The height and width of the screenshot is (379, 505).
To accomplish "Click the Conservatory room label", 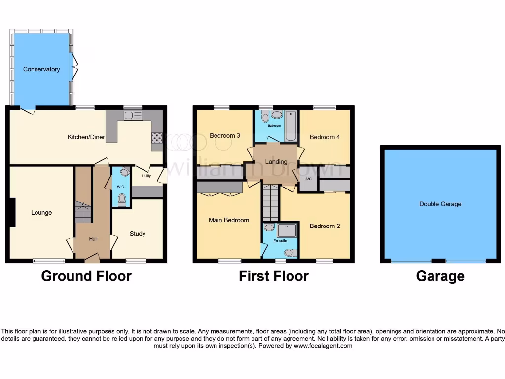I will (41, 69).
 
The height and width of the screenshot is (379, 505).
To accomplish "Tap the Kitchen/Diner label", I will (86, 137).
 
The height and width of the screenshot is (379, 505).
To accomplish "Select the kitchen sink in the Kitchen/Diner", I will (133, 116).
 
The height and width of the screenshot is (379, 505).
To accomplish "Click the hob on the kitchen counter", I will (157, 137).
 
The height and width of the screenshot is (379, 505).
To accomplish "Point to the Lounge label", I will (41, 213).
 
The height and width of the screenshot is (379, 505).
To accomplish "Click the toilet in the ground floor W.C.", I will (122, 198).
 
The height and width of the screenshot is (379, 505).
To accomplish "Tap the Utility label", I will (146, 176).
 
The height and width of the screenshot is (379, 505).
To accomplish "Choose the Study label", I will (138, 234).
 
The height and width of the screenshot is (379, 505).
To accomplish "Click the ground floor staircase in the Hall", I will (83, 212).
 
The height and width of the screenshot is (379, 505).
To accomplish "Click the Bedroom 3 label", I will (225, 136).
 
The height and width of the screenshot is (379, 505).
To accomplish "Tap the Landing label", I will (276, 162).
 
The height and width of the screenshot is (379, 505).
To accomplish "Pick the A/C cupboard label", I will (308, 179).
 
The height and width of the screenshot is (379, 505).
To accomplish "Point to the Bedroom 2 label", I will (325, 226).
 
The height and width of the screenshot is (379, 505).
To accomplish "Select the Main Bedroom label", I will (229, 220).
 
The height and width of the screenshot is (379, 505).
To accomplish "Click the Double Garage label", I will (440, 204).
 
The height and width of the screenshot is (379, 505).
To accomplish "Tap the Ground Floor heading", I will (86, 276).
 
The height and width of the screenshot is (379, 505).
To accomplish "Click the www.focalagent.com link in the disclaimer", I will (323, 346).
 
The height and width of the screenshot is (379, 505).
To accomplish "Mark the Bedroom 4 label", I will (325, 137).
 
